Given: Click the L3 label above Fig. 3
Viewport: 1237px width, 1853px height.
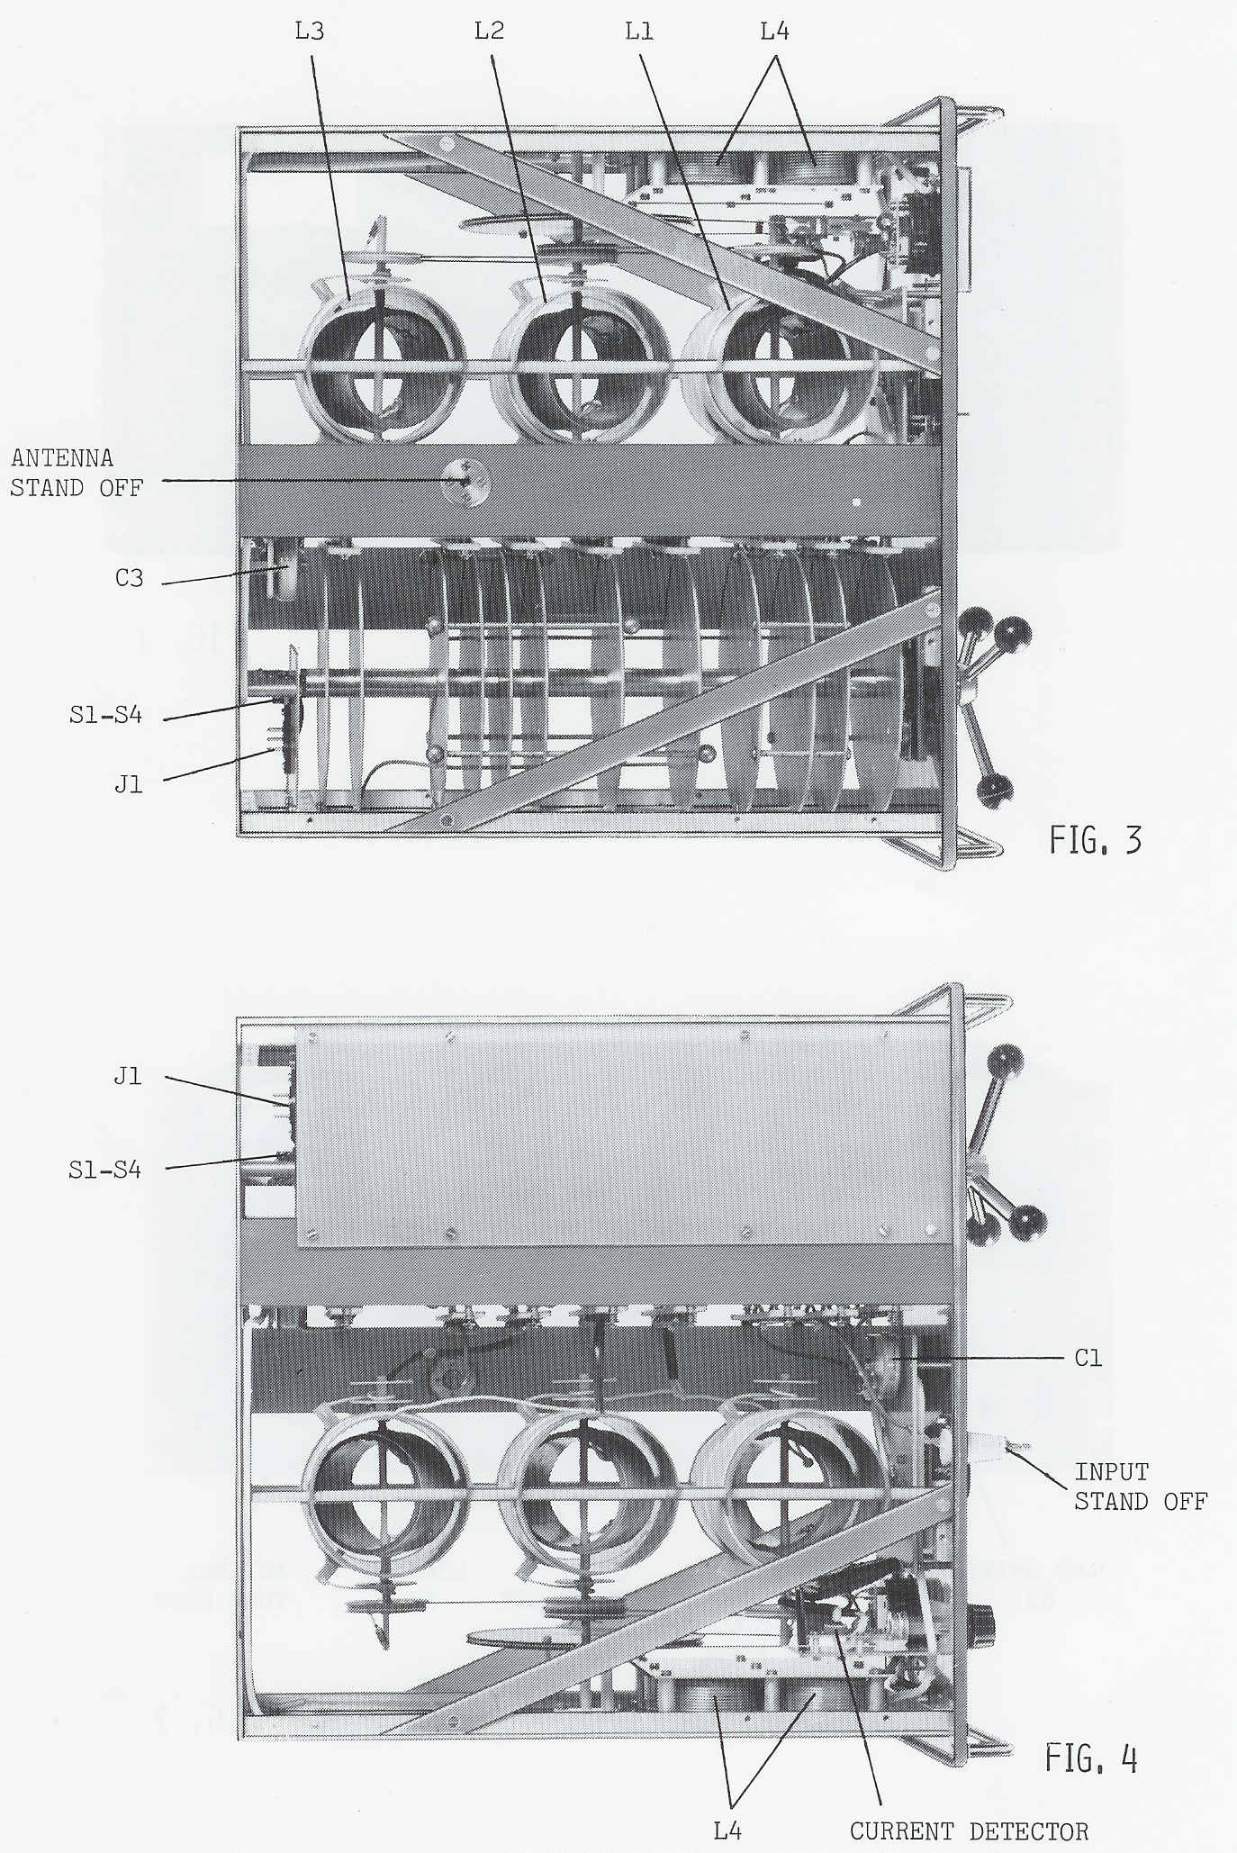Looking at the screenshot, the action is click(x=310, y=32).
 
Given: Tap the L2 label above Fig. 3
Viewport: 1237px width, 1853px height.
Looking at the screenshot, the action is click(x=489, y=32).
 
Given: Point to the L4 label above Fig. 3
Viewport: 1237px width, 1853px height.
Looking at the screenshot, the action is click(x=774, y=32).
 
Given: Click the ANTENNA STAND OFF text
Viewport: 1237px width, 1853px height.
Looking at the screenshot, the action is click(x=77, y=473).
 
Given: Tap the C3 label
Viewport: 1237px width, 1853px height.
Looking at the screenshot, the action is click(x=129, y=578).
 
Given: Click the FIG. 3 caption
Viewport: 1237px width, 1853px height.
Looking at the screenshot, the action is click(x=1096, y=840).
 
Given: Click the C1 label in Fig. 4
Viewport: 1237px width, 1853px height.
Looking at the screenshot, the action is click(x=1088, y=1358).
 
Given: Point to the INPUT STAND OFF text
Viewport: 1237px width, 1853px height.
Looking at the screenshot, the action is click(x=1141, y=1487).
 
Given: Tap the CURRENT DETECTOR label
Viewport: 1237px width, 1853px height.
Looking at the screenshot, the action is click(x=970, y=1830).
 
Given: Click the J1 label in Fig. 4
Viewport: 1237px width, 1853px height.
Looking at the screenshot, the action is click(x=128, y=1076).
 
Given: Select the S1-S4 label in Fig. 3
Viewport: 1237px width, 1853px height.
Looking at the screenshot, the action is click(x=105, y=718).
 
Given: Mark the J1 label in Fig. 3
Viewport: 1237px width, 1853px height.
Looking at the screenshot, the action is click(x=129, y=784).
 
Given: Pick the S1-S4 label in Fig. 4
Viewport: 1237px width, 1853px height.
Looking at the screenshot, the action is click(x=105, y=1171).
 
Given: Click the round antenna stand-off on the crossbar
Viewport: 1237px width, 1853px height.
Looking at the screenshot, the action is click(x=466, y=483).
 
